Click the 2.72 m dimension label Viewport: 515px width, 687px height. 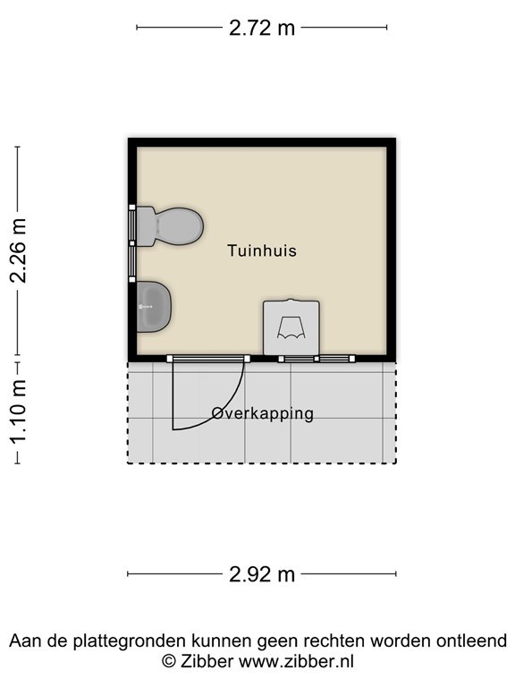tap(261, 28)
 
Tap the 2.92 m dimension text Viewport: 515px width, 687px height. tap(261, 574)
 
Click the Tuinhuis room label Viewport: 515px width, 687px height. tap(261, 251)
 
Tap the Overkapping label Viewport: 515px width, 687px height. tap(263, 413)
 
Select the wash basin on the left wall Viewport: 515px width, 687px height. tap(153, 306)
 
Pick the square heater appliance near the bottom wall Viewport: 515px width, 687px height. tap(291, 328)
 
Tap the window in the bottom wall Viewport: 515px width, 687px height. tap(317, 359)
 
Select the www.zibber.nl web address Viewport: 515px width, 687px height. tap(297, 662)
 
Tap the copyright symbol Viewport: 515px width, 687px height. tap(168, 662)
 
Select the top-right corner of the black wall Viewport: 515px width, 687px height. tap(392, 143)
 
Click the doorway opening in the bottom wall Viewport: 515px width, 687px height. tap(207, 359)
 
